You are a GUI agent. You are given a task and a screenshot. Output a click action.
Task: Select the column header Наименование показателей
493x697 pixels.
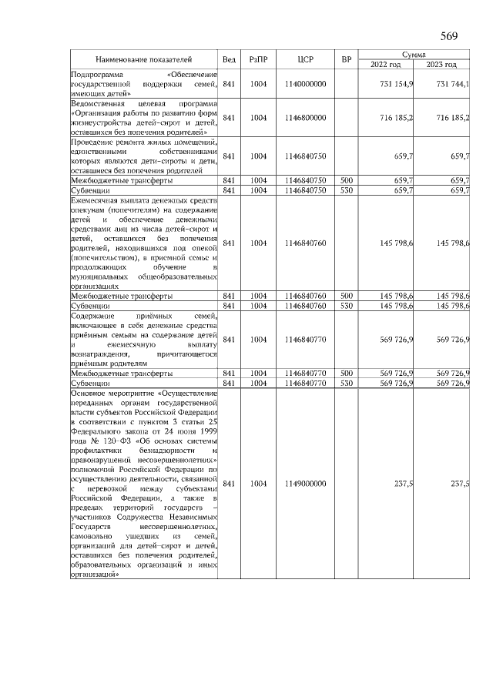[x=143, y=59]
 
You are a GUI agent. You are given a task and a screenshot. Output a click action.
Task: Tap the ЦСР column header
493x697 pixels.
[x=304, y=59]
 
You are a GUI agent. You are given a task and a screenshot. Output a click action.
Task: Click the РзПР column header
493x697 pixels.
[x=257, y=59]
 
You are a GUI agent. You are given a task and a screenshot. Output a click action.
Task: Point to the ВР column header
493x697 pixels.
[x=347, y=59]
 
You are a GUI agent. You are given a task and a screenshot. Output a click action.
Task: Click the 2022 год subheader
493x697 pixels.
[x=386, y=65]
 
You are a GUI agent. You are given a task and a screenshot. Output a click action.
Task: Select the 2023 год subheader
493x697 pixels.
[x=441, y=65]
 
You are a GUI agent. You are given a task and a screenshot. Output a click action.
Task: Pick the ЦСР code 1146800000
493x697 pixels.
[x=304, y=118]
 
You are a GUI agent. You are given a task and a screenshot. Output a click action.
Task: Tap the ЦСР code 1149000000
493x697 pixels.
[x=304, y=484]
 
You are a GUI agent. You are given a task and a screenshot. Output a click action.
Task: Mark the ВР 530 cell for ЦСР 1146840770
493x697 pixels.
[x=347, y=383]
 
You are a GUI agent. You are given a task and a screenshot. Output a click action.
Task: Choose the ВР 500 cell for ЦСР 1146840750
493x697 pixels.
[x=347, y=180]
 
